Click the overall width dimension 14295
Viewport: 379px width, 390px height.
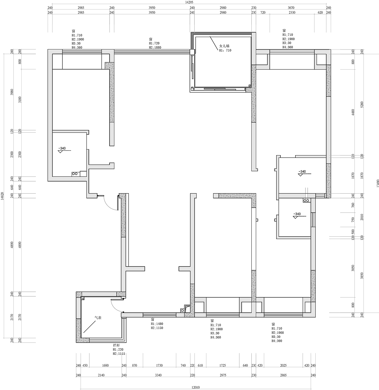click(x=189, y=2)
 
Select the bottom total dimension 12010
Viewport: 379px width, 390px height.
click(x=195, y=387)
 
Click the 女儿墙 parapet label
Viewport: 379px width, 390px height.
click(x=224, y=46)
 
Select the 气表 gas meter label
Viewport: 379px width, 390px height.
click(x=98, y=317)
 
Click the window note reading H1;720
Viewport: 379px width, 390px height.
click(x=155, y=43)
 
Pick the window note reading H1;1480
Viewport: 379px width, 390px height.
click(x=157, y=324)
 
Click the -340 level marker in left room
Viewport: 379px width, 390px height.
click(x=62, y=148)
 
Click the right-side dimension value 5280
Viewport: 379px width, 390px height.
click(x=362, y=105)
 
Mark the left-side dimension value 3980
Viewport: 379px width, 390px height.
click(x=12, y=92)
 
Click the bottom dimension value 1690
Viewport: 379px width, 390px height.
click(x=105, y=365)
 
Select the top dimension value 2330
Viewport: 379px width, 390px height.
click(x=292, y=13)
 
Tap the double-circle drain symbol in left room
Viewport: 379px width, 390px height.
click(x=75, y=174)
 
